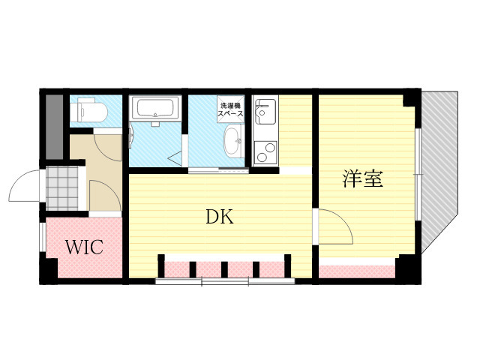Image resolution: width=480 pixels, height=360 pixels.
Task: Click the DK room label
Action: pos(220,217)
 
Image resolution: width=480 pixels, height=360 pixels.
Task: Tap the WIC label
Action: pos(85,247)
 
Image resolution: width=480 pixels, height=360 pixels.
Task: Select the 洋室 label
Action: pos(363,178)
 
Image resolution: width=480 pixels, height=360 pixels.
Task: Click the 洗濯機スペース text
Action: pos(230,109)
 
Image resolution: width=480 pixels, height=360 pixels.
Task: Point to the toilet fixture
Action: pos(88,111)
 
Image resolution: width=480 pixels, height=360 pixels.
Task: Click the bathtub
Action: pos(155,108)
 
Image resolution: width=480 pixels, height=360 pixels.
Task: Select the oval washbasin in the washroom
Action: pos(233,141)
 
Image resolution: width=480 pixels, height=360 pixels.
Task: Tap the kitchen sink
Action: pos(265,111)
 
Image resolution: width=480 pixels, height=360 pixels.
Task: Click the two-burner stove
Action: pos(265,152)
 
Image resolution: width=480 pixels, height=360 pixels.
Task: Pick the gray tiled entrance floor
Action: pos(62,188)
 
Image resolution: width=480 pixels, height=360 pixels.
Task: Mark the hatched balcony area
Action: pos(439,172)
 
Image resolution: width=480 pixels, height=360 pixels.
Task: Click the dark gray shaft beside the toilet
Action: pos(54,127)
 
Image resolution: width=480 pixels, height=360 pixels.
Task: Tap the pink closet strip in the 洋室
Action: pos(357,271)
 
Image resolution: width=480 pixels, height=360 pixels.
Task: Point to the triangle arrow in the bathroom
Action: pos(175,159)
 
